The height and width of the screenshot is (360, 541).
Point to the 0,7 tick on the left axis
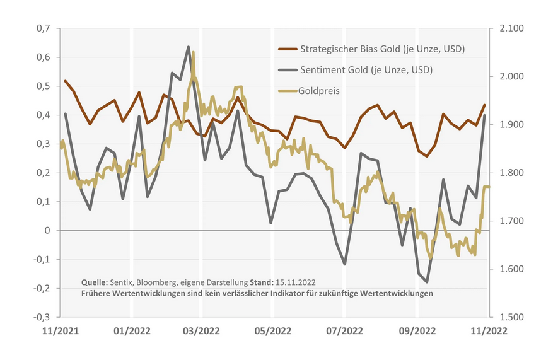click(x=42, y=28)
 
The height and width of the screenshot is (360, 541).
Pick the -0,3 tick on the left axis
click(x=41, y=317)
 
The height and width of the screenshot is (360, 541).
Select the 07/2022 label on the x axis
click(x=344, y=330)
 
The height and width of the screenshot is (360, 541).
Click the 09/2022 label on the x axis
click(x=417, y=330)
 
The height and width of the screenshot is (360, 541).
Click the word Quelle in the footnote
click(x=95, y=281)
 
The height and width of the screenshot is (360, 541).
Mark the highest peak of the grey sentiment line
click(x=188, y=47)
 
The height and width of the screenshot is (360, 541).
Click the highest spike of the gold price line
click(x=193, y=53)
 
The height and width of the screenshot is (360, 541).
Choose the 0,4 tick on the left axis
click(x=42, y=115)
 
